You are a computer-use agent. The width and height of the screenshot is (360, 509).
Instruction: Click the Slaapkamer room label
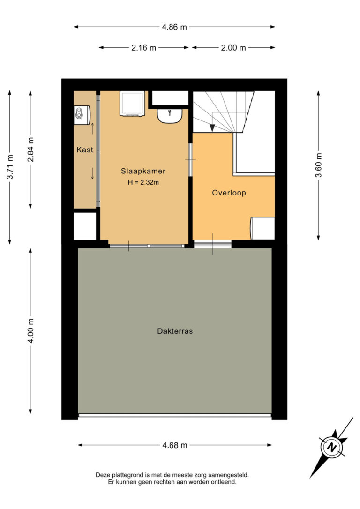(143, 171)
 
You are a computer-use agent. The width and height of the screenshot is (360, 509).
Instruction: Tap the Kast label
(85, 150)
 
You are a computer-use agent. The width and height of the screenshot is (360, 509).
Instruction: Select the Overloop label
(229, 193)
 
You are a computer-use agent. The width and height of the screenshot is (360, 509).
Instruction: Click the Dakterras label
(175, 331)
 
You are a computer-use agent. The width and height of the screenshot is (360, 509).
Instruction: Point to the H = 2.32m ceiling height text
(143, 182)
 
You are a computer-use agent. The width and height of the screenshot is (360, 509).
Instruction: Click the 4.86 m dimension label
(174, 27)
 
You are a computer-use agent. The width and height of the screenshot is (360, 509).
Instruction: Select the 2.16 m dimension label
(143, 48)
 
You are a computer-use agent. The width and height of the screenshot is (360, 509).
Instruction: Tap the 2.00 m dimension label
(233, 48)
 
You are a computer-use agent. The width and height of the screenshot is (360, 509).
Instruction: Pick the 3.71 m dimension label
(10, 166)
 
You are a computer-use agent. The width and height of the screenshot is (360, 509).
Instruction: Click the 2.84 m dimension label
(30, 150)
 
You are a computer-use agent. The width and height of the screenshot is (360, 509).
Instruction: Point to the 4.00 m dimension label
(30, 331)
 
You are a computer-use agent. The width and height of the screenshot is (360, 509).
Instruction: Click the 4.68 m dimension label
(175, 445)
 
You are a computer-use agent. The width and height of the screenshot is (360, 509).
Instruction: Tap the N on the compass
(331, 447)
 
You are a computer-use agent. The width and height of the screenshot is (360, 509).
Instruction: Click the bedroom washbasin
(170, 116)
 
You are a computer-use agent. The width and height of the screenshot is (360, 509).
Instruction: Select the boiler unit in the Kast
(82, 115)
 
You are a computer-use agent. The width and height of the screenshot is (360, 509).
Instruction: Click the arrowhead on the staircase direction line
(212, 128)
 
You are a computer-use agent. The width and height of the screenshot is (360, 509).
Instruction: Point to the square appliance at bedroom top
(132, 104)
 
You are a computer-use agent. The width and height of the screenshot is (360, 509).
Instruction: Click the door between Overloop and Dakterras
(213, 244)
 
